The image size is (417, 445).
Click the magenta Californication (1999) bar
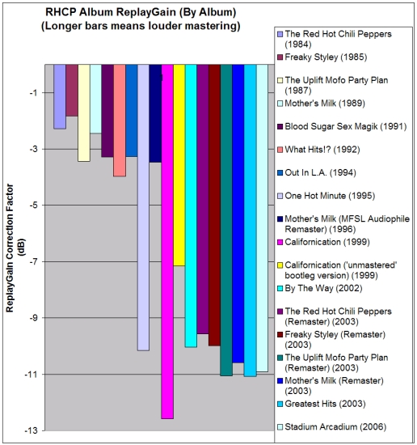[167, 242]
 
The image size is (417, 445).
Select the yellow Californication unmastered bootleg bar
[179, 165]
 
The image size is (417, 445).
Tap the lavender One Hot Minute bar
[143, 207]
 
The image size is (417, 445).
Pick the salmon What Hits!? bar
[120, 121]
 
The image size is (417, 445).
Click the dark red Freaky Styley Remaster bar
[214, 206]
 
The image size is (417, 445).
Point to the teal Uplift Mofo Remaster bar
[226, 220]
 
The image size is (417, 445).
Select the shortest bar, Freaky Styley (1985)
[72, 91]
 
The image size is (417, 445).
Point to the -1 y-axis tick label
[33, 92]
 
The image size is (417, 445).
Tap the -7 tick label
[33, 261]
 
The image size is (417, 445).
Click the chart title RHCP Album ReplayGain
[141, 12]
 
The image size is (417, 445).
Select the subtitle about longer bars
[141, 26]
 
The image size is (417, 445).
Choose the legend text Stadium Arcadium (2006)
[335, 426]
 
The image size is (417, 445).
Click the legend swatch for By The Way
[280, 289]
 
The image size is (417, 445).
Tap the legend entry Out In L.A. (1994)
[320, 172]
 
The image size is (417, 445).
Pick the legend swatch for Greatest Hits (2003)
[280, 404]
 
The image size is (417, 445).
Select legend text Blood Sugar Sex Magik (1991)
[346, 126]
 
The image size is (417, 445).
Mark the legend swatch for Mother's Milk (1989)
[280, 104]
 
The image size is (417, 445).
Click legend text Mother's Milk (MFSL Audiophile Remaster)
[347, 224]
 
